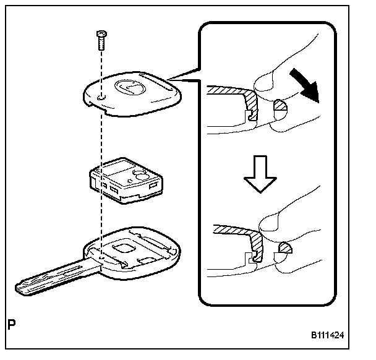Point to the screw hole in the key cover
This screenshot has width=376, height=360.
(101, 98)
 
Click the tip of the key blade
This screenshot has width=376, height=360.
(19, 288)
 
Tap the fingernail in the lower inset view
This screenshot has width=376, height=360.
(270, 221)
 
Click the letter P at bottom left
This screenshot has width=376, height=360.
(11, 324)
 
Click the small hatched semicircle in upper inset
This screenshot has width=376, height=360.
(281, 106)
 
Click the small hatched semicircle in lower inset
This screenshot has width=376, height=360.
(287, 249)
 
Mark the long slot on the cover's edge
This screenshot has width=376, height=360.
(153, 81)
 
